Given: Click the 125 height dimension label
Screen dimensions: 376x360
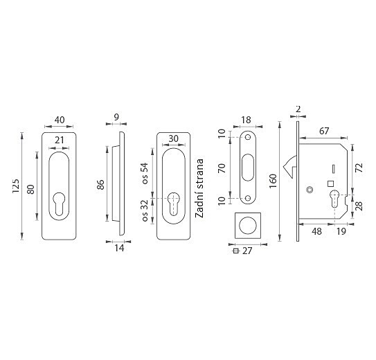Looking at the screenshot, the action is pos(16,186).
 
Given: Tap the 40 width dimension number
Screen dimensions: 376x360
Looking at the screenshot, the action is pos(60,120).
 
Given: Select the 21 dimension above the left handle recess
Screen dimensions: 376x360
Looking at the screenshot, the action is pos(59,140).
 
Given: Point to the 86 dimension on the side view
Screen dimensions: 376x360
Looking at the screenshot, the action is pos(101,185).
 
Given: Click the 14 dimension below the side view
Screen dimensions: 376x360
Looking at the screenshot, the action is pos(119,248).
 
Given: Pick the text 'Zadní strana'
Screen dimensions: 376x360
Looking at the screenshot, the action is pos(199,188).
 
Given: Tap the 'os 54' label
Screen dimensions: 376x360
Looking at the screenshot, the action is pos(145,173).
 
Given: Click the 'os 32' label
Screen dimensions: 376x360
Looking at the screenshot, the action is pos(145,210).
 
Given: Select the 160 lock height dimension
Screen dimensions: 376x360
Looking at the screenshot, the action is pos(273,181).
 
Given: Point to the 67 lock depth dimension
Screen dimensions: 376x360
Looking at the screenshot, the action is pos(324,131).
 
